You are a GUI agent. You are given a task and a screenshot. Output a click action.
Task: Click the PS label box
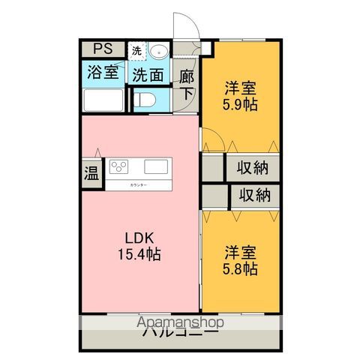[x=103, y=49]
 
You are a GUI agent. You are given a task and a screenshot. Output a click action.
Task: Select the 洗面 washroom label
[x=148, y=74]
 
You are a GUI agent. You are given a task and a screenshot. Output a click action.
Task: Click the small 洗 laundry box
[x=136, y=51]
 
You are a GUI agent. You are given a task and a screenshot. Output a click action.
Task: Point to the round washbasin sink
[x=159, y=51]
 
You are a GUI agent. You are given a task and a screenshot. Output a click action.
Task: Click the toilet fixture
[x=147, y=98]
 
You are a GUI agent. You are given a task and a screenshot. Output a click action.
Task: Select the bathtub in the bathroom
[x=104, y=100]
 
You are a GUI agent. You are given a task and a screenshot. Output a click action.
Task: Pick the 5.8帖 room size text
[x=241, y=268]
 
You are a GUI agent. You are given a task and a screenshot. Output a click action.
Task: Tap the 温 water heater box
[x=91, y=173]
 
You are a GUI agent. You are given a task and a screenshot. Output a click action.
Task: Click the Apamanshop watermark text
[x=181, y=323]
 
